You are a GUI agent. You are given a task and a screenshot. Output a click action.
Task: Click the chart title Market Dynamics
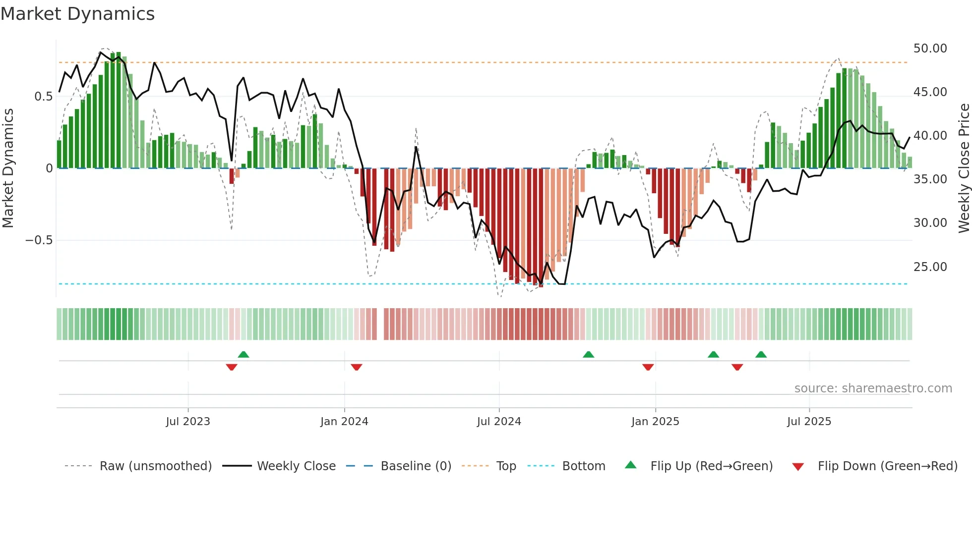click(x=77, y=14)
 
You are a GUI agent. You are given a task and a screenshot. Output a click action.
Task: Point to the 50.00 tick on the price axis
click(x=930, y=49)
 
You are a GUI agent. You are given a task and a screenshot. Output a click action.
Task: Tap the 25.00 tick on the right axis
click(x=930, y=267)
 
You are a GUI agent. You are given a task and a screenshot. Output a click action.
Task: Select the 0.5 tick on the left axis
click(x=43, y=97)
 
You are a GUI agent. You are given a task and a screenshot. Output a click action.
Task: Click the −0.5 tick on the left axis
click(x=39, y=240)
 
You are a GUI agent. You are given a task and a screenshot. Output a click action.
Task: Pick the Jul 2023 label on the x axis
click(x=188, y=422)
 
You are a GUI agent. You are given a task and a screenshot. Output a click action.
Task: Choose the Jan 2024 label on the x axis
click(x=344, y=422)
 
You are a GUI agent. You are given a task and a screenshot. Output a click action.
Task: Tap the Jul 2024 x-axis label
click(x=499, y=422)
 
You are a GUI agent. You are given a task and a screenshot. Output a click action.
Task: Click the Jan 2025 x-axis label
click(x=655, y=422)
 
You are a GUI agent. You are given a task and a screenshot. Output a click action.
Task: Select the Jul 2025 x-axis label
click(x=809, y=422)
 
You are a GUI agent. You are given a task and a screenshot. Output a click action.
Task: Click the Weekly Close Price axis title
click(x=964, y=168)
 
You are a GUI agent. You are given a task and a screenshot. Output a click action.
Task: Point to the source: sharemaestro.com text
click(x=873, y=388)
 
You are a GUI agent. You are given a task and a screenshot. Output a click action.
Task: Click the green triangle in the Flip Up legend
click(x=630, y=465)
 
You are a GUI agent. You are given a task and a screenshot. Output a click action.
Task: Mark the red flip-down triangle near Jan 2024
click(x=357, y=367)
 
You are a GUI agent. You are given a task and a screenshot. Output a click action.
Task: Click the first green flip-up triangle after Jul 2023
click(x=243, y=354)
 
